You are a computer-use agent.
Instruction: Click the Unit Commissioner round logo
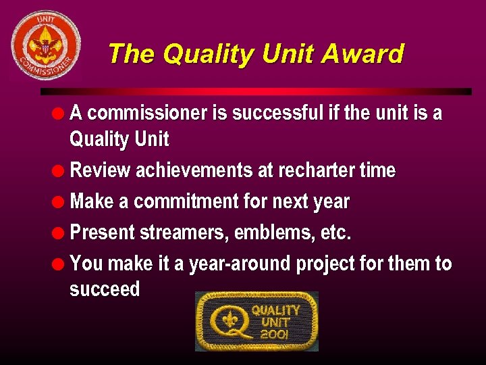coord(45,46)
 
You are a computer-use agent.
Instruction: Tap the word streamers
coord(185,233)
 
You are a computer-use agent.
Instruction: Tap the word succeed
coord(105,289)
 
